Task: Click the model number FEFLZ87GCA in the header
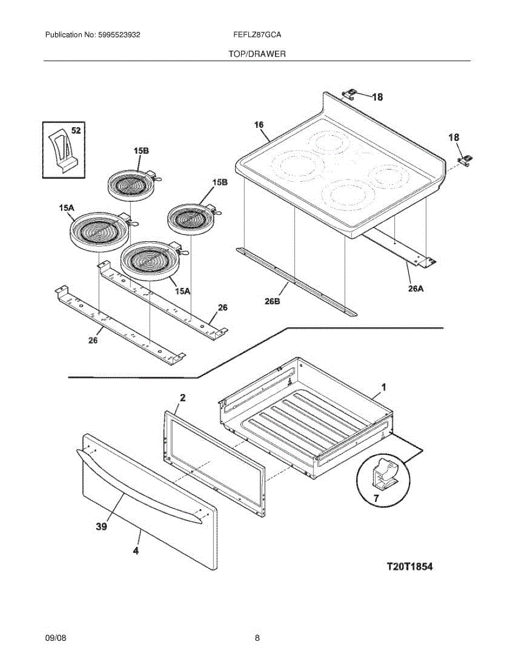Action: (257, 34)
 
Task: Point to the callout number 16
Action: (259, 125)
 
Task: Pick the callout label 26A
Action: (416, 288)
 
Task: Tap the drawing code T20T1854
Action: (409, 567)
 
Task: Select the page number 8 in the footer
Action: (257, 638)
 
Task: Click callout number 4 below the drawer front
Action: (136, 551)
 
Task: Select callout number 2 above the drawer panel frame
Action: (183, 397)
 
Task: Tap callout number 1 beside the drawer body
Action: (383, 386)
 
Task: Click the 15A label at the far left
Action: (66, 208)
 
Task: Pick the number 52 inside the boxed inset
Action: (76, 131)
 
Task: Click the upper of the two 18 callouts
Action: (377, 97)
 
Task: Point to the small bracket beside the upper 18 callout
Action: (350, 93)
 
